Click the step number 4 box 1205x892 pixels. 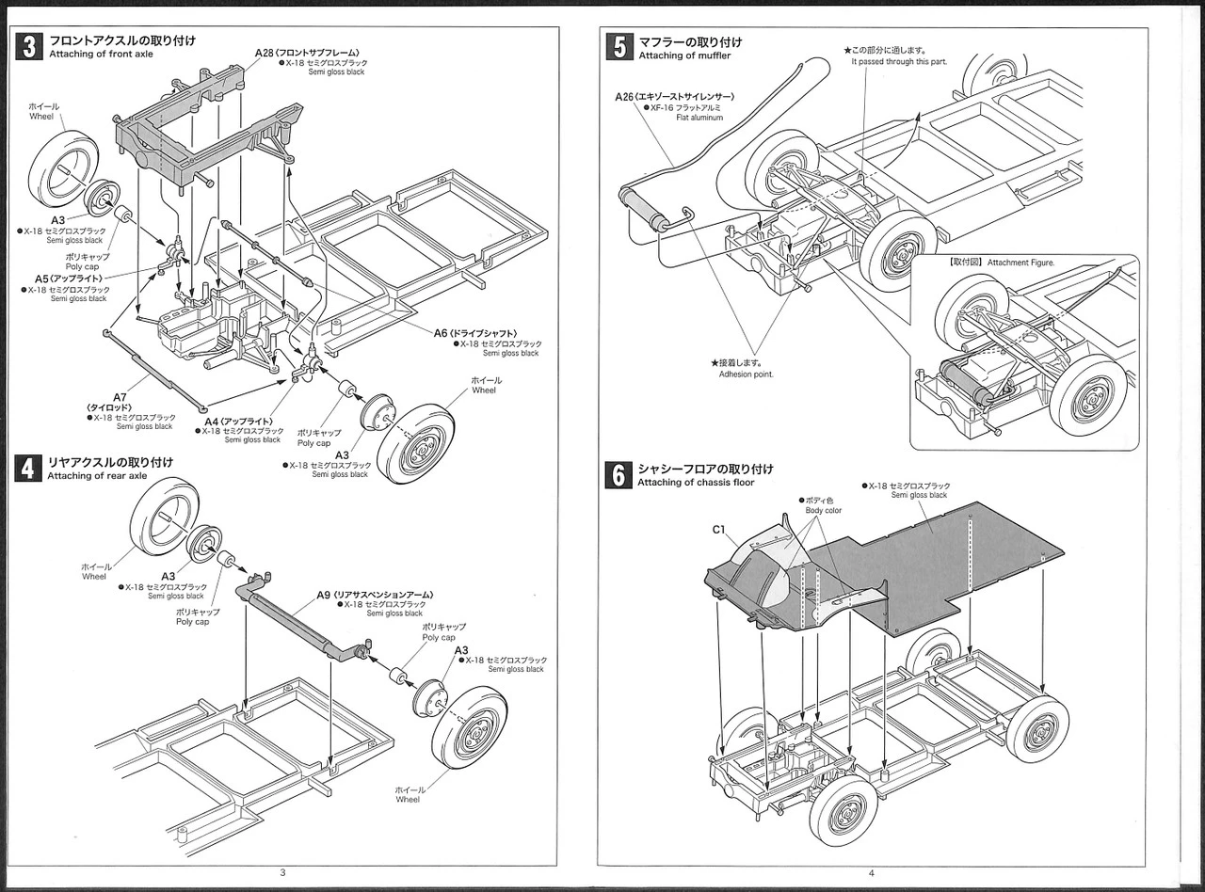pos(29,468)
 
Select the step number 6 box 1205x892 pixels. pos(619,474)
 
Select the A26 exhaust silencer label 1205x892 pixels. pos(674,97)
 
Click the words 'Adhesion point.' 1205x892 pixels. pos(745,374)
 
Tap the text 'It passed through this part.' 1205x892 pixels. pos(899,61)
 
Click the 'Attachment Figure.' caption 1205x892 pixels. pos(1021,263)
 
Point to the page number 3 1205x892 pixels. pos(283,872)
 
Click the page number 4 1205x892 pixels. pos(871,872)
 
